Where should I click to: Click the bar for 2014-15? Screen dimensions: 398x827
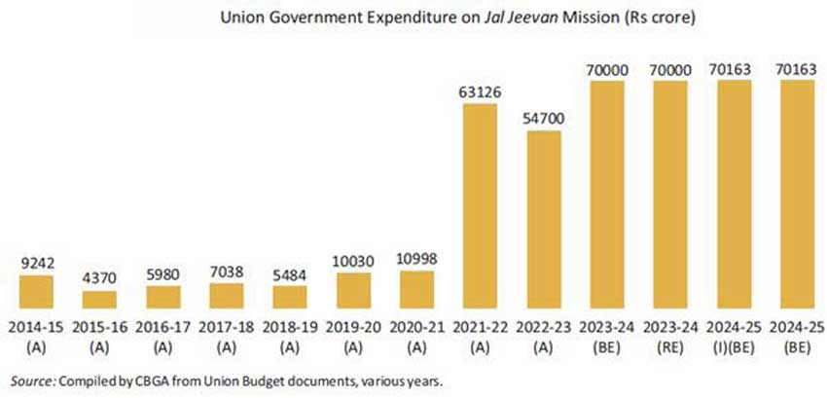36,290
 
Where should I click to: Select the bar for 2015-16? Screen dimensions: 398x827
99,299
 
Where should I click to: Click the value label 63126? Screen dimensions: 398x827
481,90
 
